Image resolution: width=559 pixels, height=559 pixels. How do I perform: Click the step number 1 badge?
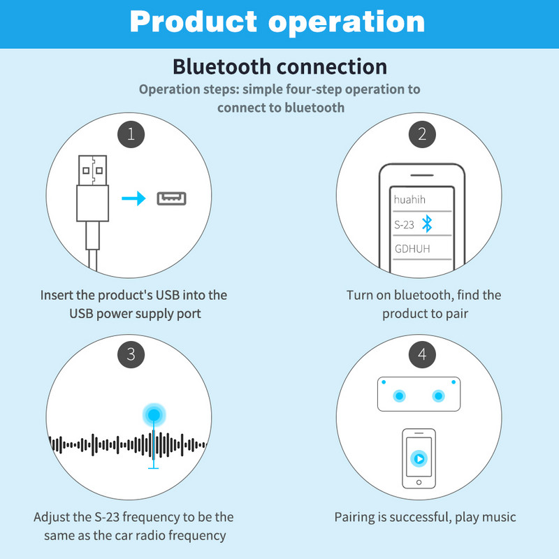(131, 133)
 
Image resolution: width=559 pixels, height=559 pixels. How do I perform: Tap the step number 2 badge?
(421, 133)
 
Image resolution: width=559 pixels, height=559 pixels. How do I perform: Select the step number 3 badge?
(131, 354)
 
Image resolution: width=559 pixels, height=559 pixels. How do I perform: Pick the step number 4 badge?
(421, 354)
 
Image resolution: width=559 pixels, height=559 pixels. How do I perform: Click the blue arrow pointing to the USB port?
(133, 199)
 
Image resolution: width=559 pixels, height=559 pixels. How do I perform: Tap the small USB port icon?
(173, 198)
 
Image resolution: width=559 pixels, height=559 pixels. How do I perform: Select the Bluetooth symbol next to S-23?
(428, 224)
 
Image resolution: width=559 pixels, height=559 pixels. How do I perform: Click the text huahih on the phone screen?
(409, 200)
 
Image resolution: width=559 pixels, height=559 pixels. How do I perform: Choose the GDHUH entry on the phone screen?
(412, 249)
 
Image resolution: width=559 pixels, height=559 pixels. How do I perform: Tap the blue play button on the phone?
(419, 458)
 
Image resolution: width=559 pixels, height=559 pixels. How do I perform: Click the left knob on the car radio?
(399, 395)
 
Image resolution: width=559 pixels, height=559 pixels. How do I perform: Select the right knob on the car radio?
(438, 395)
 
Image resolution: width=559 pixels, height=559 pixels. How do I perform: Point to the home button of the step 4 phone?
(419, 482)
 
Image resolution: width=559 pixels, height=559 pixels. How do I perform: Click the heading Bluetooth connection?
(279, 67)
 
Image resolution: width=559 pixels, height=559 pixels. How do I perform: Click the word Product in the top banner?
(194, 22)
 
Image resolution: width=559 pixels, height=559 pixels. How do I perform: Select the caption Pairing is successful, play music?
(425, 518)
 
